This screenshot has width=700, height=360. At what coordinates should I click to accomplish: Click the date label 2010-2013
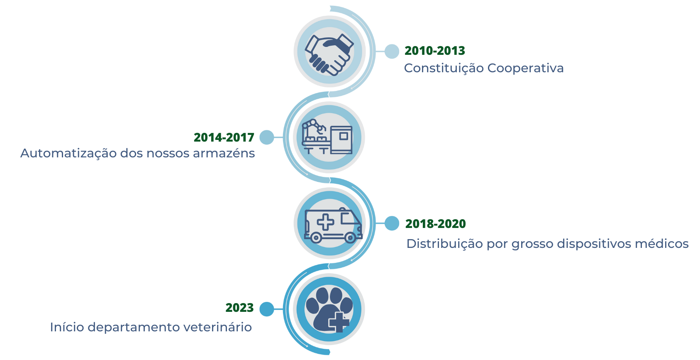pos(435,51)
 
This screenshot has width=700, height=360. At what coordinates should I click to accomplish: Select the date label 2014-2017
pos(224,137)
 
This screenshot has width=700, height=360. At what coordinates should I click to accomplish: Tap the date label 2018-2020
pos(435,224)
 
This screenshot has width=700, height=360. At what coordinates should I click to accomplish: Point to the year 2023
pos(239,308)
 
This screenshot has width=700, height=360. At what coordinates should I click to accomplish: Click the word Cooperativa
pos(525,68)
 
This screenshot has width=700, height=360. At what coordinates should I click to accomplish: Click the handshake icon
pos(329,55)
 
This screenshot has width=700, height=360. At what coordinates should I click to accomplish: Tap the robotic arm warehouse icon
pos(327,136)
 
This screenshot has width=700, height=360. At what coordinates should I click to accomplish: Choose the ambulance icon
pos(333,225)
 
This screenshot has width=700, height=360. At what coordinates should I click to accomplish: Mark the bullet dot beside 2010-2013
pos(392,51)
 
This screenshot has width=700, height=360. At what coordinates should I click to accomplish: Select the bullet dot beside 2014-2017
pos(266,137)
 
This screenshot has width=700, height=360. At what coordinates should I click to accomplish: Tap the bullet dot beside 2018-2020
pos(392,223)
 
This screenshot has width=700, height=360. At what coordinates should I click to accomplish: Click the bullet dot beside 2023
pos(266,309)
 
